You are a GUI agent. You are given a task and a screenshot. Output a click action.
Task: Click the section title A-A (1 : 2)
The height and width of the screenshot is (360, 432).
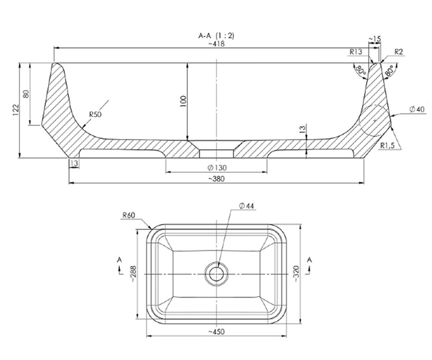tap(216, 36)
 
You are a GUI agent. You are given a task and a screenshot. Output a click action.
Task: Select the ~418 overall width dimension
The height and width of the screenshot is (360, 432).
tap(216, 44)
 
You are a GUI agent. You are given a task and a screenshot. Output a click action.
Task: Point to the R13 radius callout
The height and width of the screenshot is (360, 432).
tap(356, 52)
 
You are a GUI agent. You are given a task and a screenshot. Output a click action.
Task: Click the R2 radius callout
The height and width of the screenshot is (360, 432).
tap(399, 52)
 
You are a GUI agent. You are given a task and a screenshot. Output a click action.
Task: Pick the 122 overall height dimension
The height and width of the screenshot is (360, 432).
tap(16, 110)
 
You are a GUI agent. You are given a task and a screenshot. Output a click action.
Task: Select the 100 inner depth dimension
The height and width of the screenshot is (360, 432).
tap(184, 102)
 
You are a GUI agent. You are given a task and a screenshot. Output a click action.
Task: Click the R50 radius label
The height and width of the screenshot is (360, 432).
tap(95, 114)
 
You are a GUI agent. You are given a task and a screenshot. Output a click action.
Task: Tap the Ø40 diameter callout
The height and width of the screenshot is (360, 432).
tap(417, 109)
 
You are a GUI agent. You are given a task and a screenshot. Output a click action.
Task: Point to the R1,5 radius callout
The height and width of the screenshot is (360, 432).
tap(387, 146)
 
